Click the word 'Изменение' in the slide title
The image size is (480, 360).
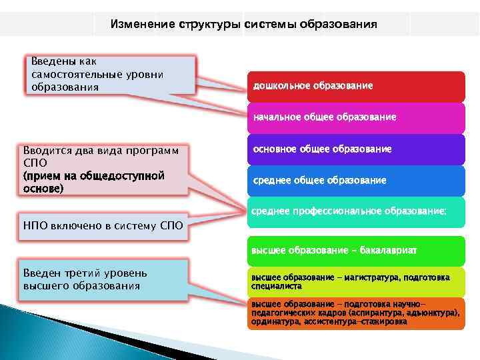pos(142,25)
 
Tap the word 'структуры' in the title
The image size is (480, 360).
pos(210,25)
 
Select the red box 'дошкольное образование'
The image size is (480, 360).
pos(356,87)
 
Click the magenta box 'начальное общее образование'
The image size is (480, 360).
pos(356,117)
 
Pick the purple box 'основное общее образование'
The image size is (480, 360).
pos(356,149)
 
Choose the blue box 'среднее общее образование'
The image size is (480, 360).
pos(356,181)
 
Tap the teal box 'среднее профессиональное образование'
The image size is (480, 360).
pos(356,211)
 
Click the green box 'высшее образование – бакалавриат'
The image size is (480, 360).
pos(356,251)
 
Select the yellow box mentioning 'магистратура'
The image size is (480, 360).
pos(356,281)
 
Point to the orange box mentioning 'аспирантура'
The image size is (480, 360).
pos(356,313)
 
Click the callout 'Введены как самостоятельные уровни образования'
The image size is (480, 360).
pos(110,75)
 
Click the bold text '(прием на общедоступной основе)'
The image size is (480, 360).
pos(93,182)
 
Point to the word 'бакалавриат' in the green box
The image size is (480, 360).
pos(389,251)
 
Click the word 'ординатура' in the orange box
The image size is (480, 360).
pos(275,321)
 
